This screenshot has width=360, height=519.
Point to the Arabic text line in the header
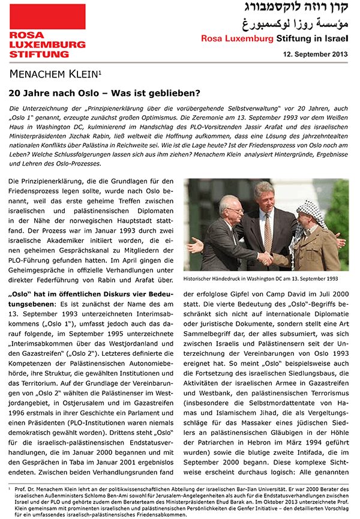pyautogui.click(x=300, y=25)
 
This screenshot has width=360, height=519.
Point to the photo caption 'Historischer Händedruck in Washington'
pyautogui.click(x=260, y=279)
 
